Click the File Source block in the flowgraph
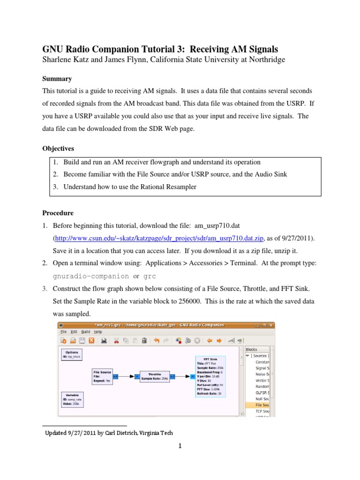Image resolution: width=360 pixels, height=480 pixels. coord(102,376)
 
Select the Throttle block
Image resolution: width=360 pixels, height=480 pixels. coord(154,376)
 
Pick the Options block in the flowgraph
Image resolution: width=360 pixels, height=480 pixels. coord(71,354)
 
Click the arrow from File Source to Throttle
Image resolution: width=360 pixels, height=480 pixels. coord(123,376)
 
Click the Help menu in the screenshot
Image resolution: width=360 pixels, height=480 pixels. coord(97,331)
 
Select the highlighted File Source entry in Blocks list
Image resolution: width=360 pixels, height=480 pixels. coord(261,405)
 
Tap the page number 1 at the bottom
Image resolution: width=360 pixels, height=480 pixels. coord(180,446)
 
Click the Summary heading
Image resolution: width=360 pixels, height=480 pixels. coord(57,79)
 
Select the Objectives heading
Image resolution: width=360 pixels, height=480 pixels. coord(58,149)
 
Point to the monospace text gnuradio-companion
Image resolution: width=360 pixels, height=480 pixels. coord(91,276)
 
